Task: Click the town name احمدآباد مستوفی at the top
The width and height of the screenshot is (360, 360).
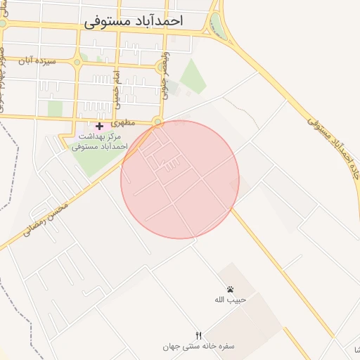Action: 133,21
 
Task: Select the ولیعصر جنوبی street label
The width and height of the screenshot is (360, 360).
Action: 167,74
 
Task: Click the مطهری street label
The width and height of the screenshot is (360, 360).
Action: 141,121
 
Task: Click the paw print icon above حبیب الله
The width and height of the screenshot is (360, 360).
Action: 230,289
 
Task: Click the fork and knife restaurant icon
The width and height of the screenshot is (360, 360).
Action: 199,335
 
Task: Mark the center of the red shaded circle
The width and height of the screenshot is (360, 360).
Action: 180,179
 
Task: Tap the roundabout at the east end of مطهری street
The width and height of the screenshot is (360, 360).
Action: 158,122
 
